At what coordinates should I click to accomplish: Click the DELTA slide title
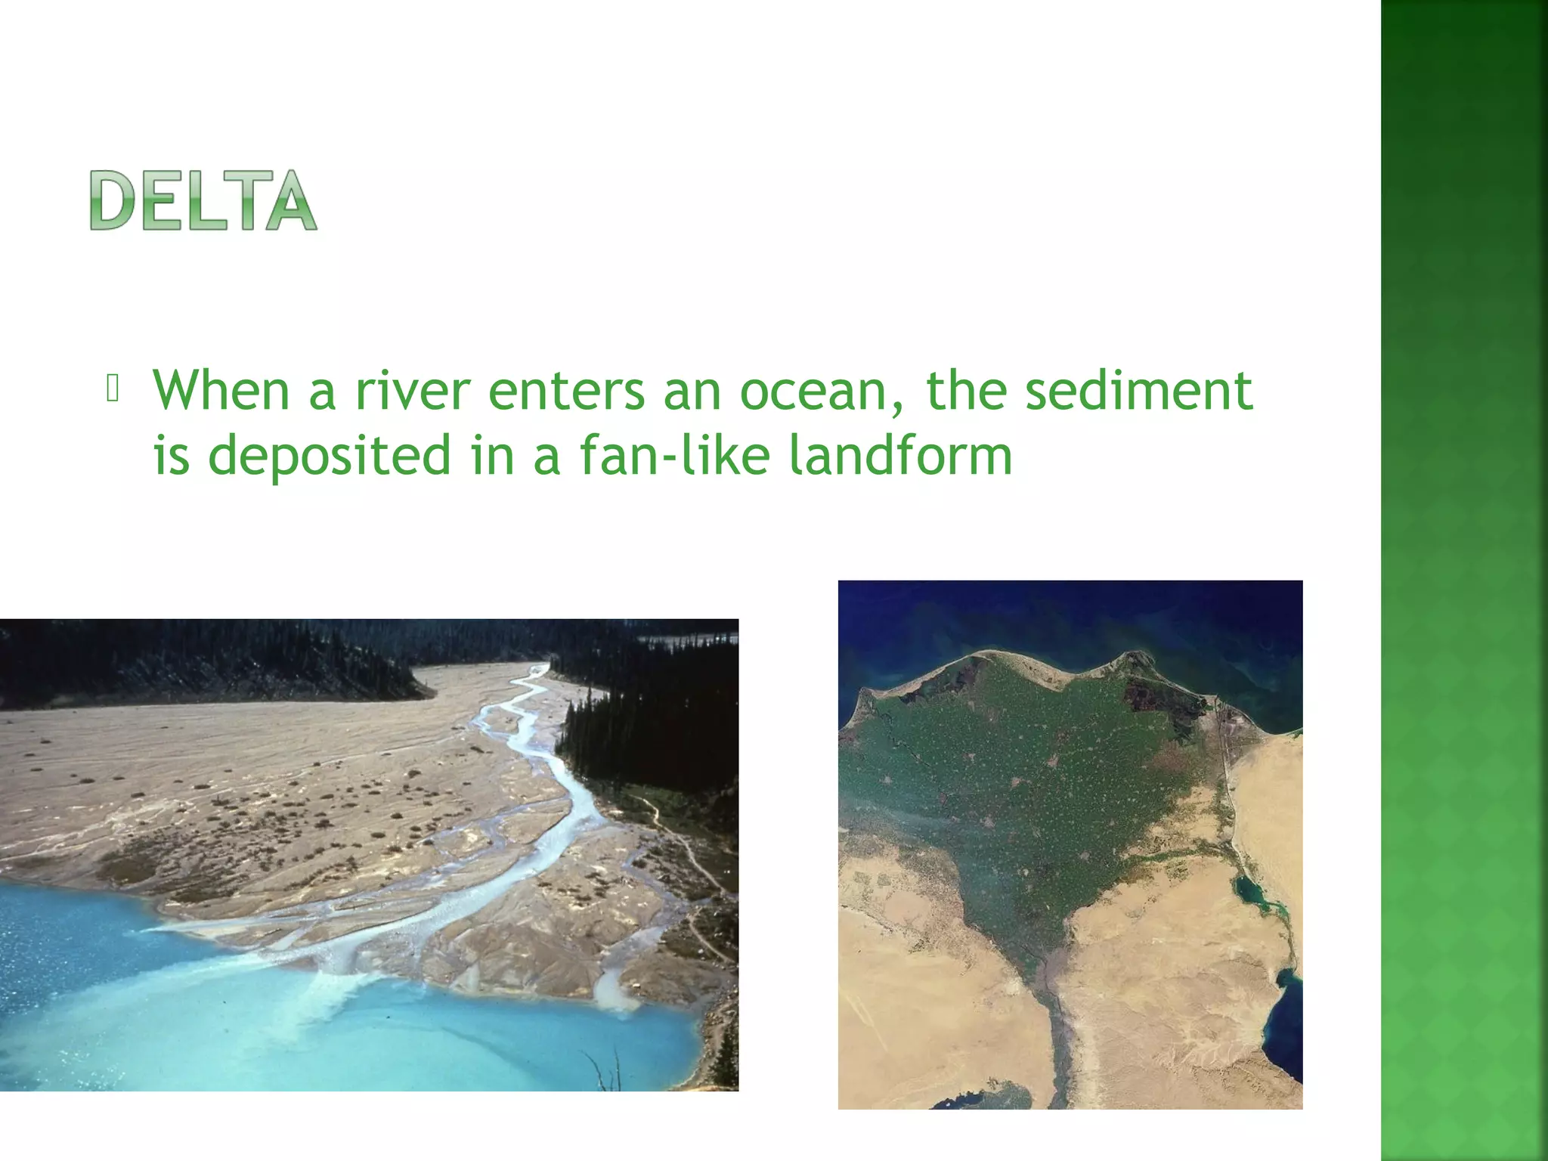click(x=203, y=200)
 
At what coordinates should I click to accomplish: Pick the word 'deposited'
click(x=330, y=456)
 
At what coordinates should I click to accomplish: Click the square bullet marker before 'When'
click(x=113, y=389)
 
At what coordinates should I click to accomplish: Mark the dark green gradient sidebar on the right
click(x=1464, y=580)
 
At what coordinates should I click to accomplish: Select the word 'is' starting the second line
click(x=171, y=456)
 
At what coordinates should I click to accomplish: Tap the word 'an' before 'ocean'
click(x=692, y=391)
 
